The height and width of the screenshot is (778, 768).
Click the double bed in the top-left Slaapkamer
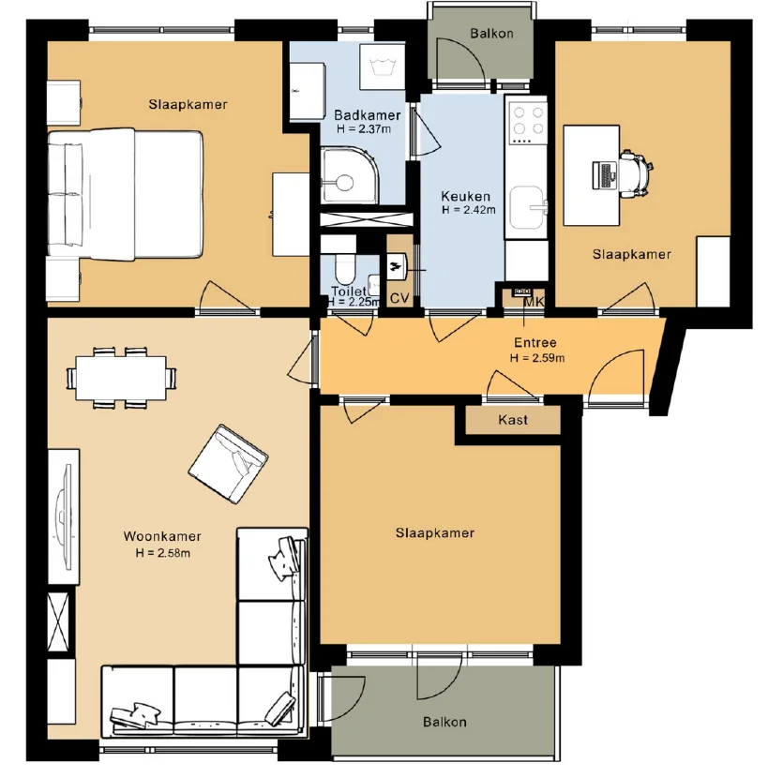tap(125, 195)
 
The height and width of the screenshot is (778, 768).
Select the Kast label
tap(512, 420)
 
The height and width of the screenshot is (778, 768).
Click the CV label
tap(399, 298)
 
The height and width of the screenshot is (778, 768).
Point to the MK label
tap(534, 300)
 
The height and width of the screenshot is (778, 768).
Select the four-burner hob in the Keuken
tap(526, 120)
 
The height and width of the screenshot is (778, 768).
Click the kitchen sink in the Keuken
tap(535, 202)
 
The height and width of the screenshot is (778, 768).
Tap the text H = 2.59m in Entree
tap(537, 357)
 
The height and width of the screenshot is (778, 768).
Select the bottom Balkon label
tap(444, 722)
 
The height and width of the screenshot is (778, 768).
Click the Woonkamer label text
tap(162, 537)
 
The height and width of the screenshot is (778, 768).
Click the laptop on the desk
tap(602, 174)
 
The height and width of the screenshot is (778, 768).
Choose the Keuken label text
tap(465, 197)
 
